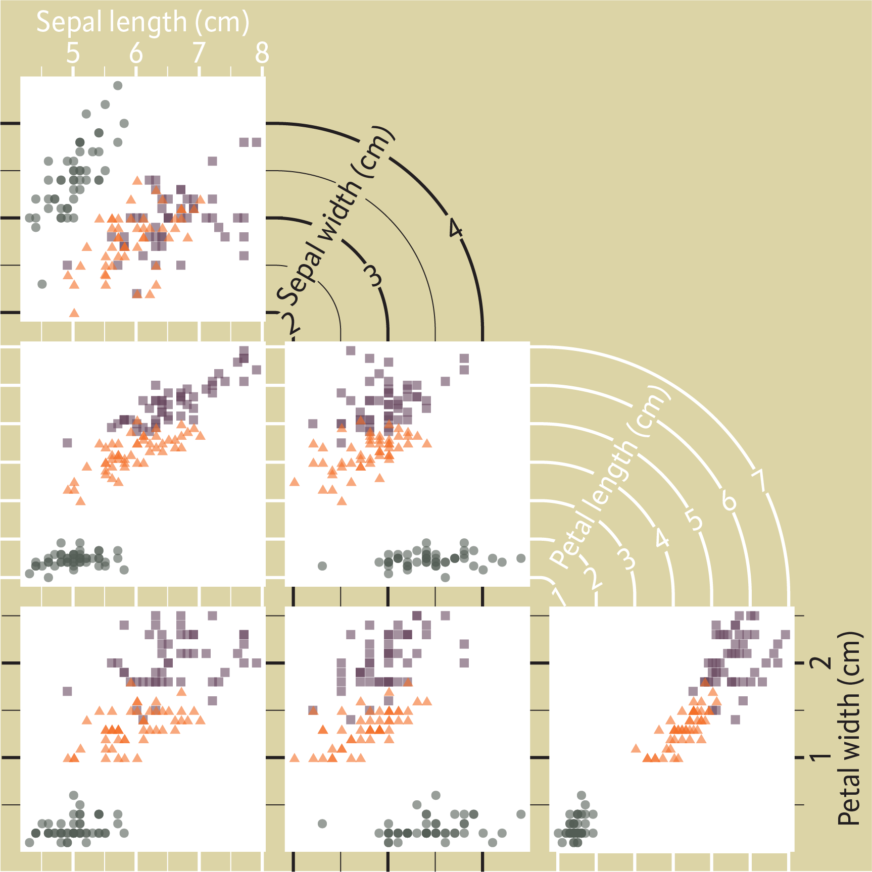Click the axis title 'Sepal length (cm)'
tap(143, 22)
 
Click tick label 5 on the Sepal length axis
tap(73, 53)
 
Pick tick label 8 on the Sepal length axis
tap(262, 53)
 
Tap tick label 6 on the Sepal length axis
tap(136, 53)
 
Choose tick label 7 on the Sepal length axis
tap(199, 53)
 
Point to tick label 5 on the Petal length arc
tap(695, 520)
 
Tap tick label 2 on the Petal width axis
tap(820, 662)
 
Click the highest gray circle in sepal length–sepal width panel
tap(118, 86)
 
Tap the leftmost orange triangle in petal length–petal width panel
tap(636, 748)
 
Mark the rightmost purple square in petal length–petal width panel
tap(785, 635)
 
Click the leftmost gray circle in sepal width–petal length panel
tap(322, 566)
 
